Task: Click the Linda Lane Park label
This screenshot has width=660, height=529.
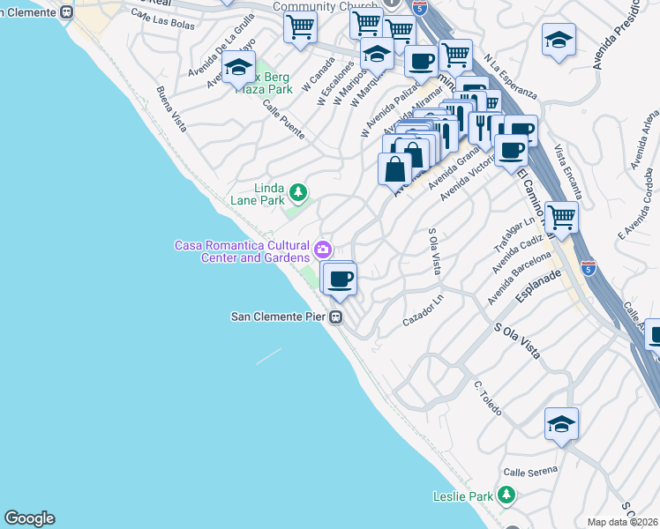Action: (269, 194)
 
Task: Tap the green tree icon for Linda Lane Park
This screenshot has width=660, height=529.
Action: (298, 192)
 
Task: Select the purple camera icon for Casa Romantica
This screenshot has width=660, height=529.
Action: (323, 250)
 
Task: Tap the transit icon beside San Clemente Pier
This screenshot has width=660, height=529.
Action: (336, 317)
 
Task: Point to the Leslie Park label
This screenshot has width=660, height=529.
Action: (463, 496)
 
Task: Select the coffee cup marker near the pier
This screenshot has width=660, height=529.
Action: (340, 280)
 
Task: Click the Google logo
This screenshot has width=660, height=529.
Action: (29, 518)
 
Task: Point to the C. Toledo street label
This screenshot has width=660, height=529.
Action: (486, 399)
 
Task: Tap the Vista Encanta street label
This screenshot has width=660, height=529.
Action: (569, 171)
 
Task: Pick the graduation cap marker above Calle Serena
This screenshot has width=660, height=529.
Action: (561, 424)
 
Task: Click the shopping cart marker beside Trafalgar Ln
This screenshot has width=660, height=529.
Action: (561, 215)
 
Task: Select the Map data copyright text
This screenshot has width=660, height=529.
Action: (623, 522)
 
